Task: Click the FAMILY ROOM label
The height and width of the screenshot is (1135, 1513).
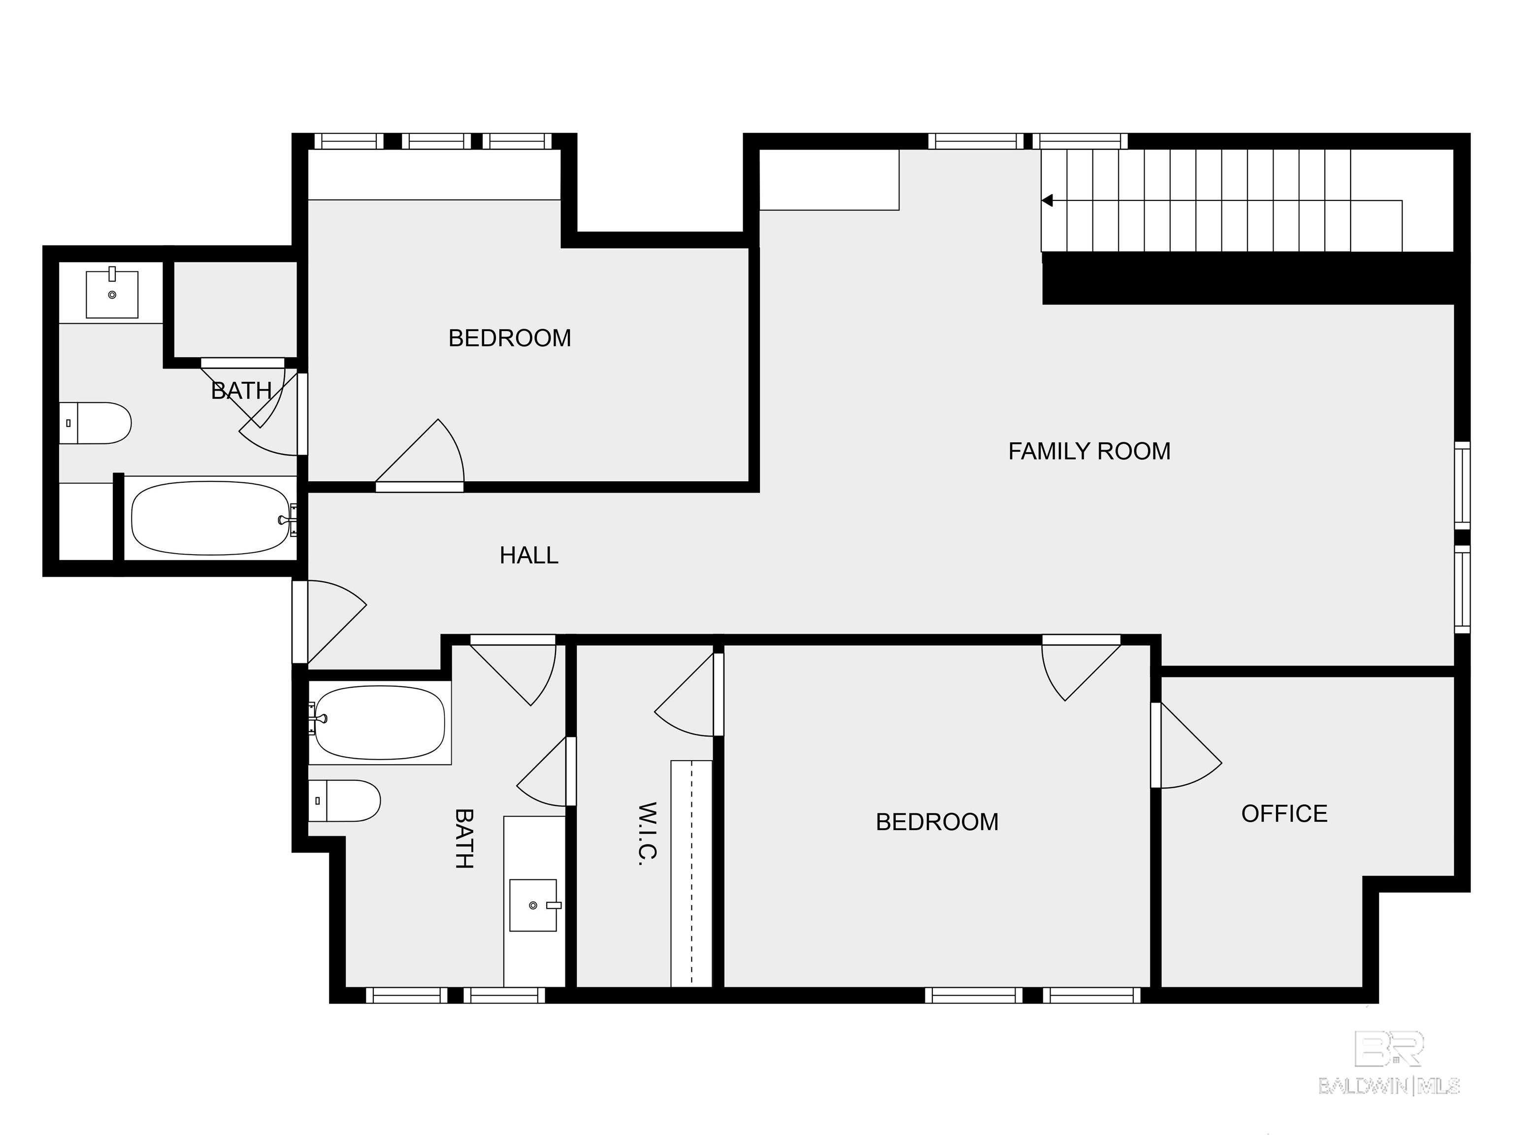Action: [x=1089, y=452]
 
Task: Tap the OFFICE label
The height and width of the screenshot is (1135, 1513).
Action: [x=1284, y=813]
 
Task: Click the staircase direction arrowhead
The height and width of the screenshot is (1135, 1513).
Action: [x=1047, y=200]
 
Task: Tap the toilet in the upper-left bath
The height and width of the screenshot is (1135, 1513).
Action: [x=95, y=423]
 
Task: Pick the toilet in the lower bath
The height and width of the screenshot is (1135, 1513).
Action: [x=344, y=801]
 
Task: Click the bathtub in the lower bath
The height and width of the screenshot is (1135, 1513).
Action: [x=380, y=723]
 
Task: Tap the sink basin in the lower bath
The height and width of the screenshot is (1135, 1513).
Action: [x=533, y=905]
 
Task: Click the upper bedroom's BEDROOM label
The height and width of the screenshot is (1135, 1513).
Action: [x=510, y=338]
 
